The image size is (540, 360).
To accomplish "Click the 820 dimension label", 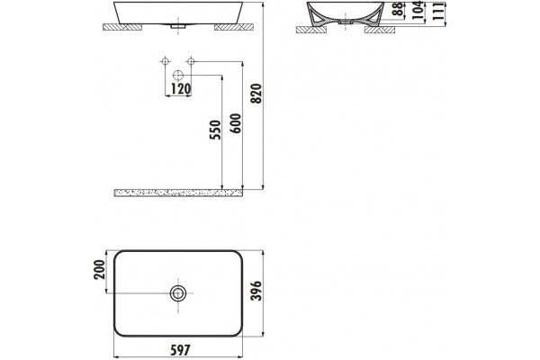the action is [x=256, y=94].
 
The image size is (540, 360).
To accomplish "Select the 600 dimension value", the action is [x=236, y=123].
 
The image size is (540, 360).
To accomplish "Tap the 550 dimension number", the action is [x=215, y=130].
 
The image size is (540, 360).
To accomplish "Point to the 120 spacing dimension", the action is [x=181, y=89].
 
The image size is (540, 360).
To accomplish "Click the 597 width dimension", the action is [x=181, y=350].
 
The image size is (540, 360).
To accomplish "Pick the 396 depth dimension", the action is [x=256, y=291].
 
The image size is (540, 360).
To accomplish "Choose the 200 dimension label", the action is [x=99, y=270].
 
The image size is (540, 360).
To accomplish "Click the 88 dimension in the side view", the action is [x=398, y=9].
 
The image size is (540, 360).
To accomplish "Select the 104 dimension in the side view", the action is [x=418, y=10].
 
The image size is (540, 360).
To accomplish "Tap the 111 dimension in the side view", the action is [x=438, y=12].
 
